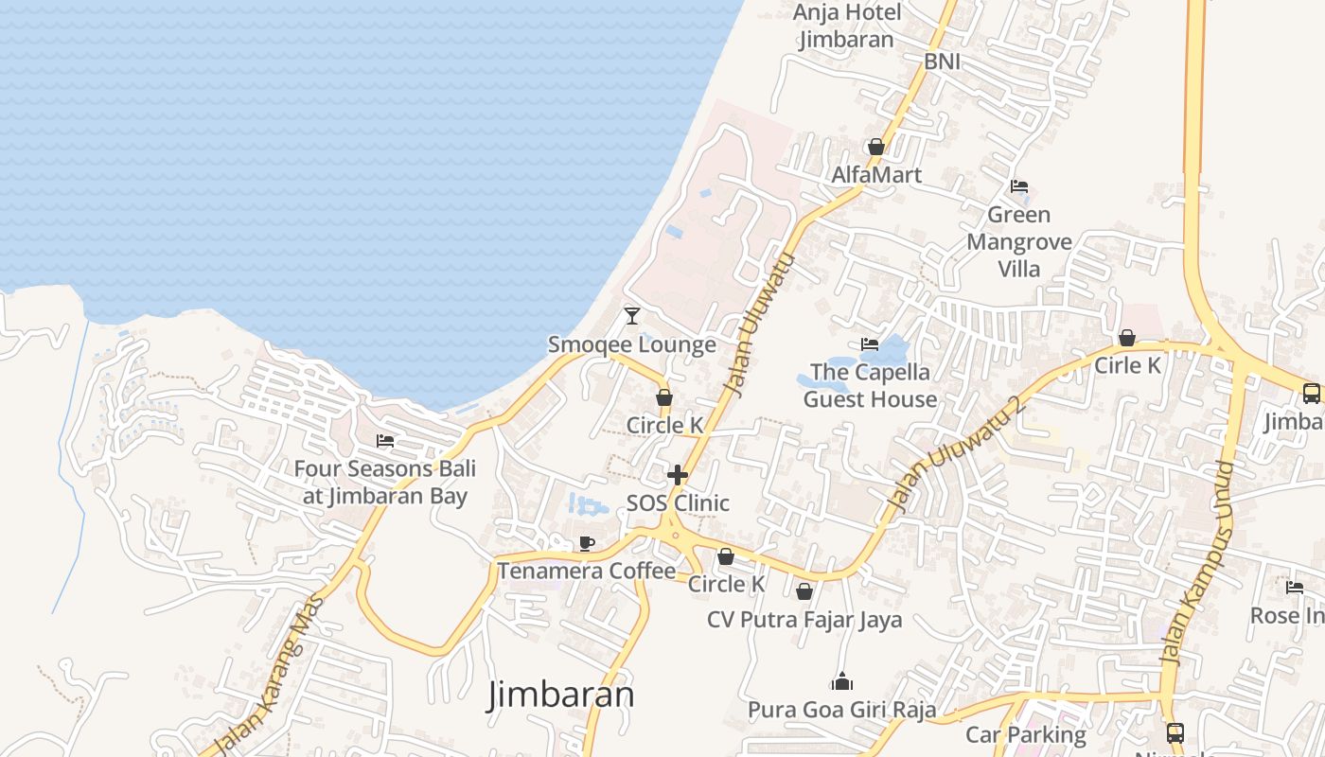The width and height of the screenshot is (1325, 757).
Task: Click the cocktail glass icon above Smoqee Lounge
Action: click(632, 315)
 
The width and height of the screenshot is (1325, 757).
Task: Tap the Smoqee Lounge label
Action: click(632, 344)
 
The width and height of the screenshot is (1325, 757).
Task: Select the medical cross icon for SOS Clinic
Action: click(678, 474)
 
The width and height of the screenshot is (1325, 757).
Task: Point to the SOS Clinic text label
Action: click(678, 502)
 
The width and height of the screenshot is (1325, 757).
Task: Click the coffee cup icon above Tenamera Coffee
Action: click(587, 543)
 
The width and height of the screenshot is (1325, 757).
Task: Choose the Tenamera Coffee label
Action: click(587, 571)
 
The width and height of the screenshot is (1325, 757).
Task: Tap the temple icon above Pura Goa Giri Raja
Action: click(841, 681)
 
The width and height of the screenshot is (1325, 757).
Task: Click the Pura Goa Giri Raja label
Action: click(841, 709)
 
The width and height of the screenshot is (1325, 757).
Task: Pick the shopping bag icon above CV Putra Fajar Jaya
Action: click(804, 592)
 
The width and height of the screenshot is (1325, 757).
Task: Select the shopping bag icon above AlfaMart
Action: click(876, 147)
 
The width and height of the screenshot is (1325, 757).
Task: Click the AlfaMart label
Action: click(876, 175)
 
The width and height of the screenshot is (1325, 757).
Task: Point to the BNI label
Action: click(942, 62)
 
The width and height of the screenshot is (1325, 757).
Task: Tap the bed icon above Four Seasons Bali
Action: click(384, 441)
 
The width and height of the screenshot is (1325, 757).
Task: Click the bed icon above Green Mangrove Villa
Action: click(1019, 186)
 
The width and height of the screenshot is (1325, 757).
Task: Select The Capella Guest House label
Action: click(870, 385)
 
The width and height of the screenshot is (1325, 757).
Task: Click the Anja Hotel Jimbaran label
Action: click(846, 26)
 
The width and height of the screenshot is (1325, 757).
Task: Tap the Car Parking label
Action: click(1025, 734)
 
